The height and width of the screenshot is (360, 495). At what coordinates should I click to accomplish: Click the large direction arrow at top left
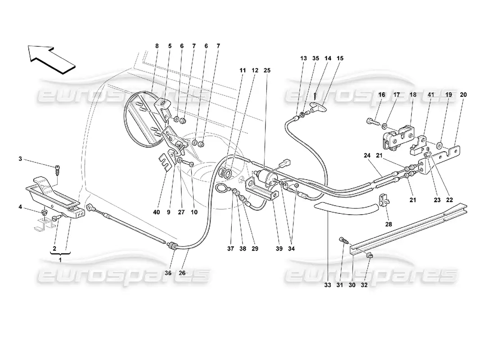click(x=50, y=58)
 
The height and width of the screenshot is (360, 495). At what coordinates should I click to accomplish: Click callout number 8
click(x=157, y=45)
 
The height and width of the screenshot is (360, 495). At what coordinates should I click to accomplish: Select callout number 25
click(x=268, y=71)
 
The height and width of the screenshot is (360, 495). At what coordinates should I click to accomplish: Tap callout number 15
click(x=340, y=58)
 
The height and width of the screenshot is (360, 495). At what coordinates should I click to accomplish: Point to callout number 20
click(x=463, y=95)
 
